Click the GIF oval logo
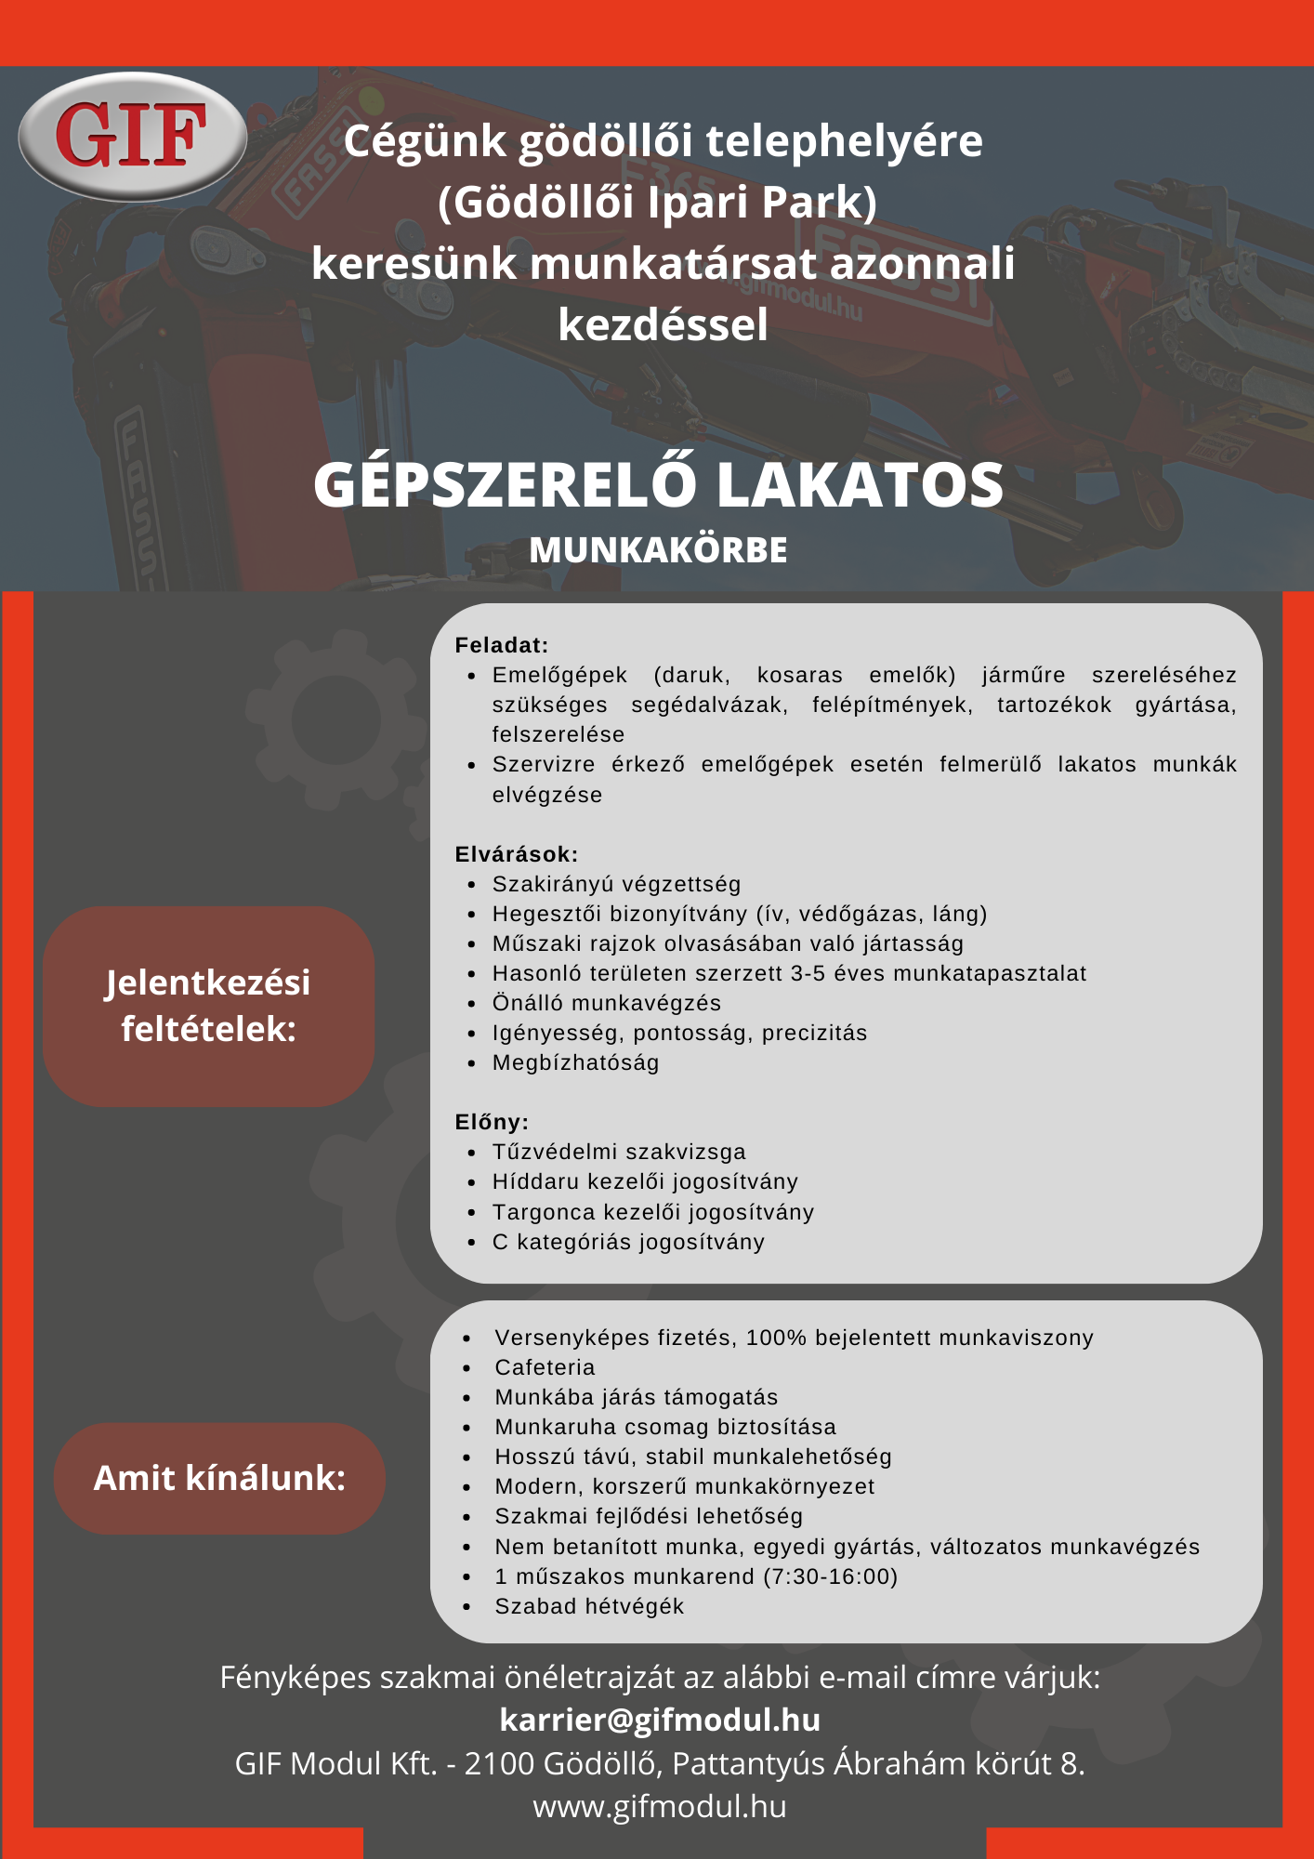pos(132,136)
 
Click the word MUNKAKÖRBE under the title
pos(658,550)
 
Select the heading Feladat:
pos(502,645)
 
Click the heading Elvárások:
pos(517,854)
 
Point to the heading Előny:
pos(492,1122)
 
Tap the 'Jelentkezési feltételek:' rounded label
pos(208,1006)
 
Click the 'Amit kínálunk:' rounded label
pos(219,1478)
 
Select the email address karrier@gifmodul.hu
pos(660,1720)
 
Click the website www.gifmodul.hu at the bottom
pos(660,1806)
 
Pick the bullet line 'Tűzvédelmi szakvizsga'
pos(619,1152)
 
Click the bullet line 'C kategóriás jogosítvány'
pos(628,1242)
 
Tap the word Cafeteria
pos(545,1367)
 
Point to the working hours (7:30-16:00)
pos(829,1576)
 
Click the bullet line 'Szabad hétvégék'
pos(589,1606)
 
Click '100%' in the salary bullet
pos(777,1338)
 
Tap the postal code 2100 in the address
pos(498,1763)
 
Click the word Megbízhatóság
pos(576,1062)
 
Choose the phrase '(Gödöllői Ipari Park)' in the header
pos(658,202)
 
